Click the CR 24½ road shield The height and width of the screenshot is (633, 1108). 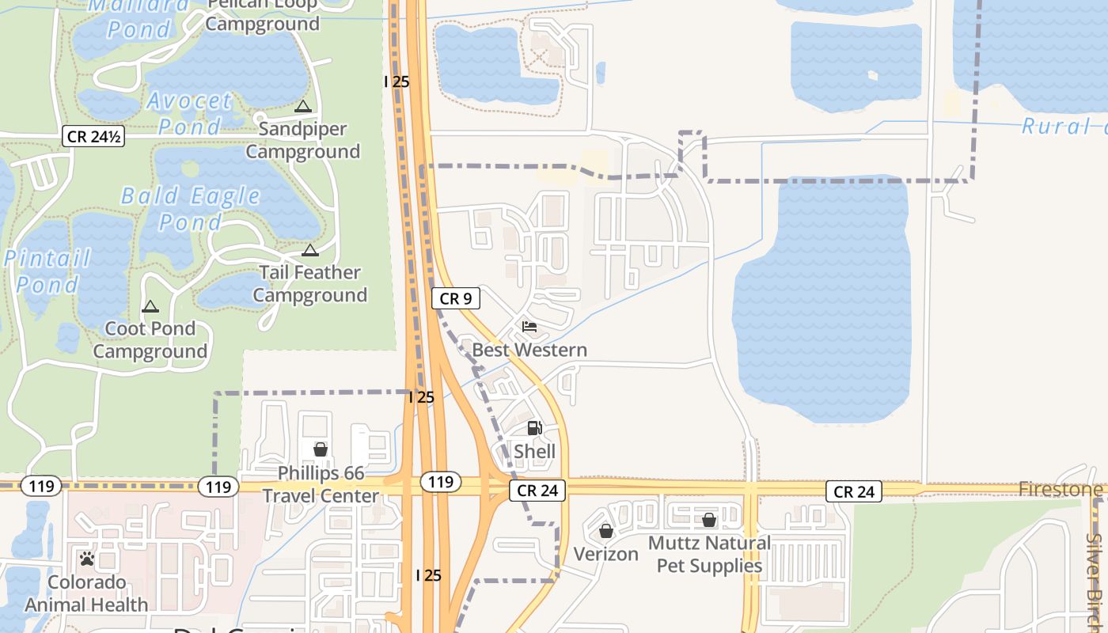click(x=94, y=137)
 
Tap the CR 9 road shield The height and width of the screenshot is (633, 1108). click(x=456, y=298)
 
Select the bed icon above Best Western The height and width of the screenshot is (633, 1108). click(x=529, y=327)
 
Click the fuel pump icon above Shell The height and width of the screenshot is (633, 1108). click(x=535, y=428)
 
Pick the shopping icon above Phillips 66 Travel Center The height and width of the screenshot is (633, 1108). click(x=321, y=449)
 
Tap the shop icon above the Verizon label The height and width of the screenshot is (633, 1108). click(x=606, y=531)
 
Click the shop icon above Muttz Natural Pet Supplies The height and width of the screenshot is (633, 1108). click(x=709, y=520)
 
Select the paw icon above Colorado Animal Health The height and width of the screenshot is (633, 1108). click(x=87, y=559)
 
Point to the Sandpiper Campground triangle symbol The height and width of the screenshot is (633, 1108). click(x=302, y=106)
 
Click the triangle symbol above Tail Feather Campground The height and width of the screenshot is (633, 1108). click(x=310, y=251)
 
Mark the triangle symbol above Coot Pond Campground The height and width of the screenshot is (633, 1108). click(x=150, y=306)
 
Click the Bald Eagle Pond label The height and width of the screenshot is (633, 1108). click(x=190, y=209)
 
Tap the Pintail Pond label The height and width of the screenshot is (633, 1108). click(x=47, y=271)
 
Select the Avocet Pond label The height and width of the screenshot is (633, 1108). click(x=190, y=113)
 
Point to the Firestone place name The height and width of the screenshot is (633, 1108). click(x=1061, y=490)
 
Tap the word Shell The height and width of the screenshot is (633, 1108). click(x=535, y=452)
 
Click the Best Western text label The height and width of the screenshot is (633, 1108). click(x=529, y=350)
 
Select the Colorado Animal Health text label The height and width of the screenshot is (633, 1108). click(x=87, y=593)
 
